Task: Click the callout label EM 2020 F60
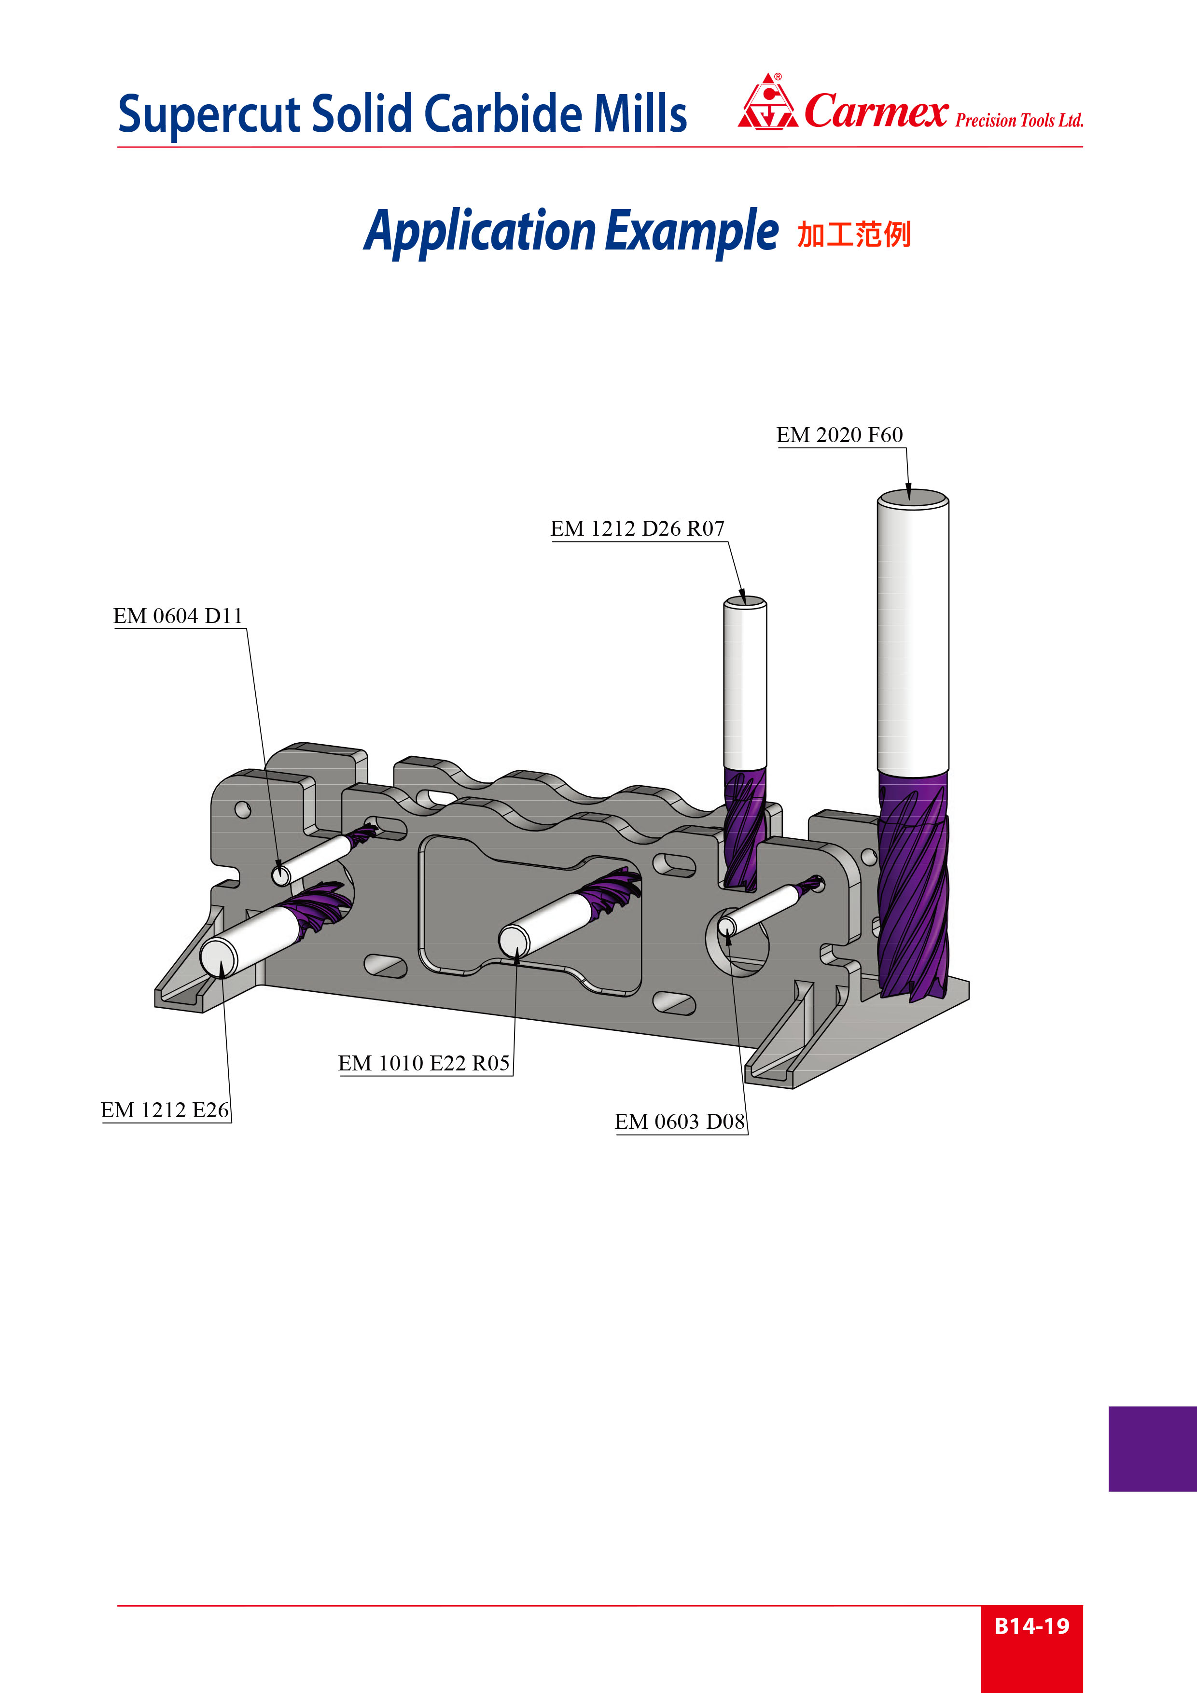click(839, 435)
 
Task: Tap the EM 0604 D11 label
click(178, 616)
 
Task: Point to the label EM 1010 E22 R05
click(424, 1063)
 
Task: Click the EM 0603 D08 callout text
click(680, 1122)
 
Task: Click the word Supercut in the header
click(209, 115)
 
